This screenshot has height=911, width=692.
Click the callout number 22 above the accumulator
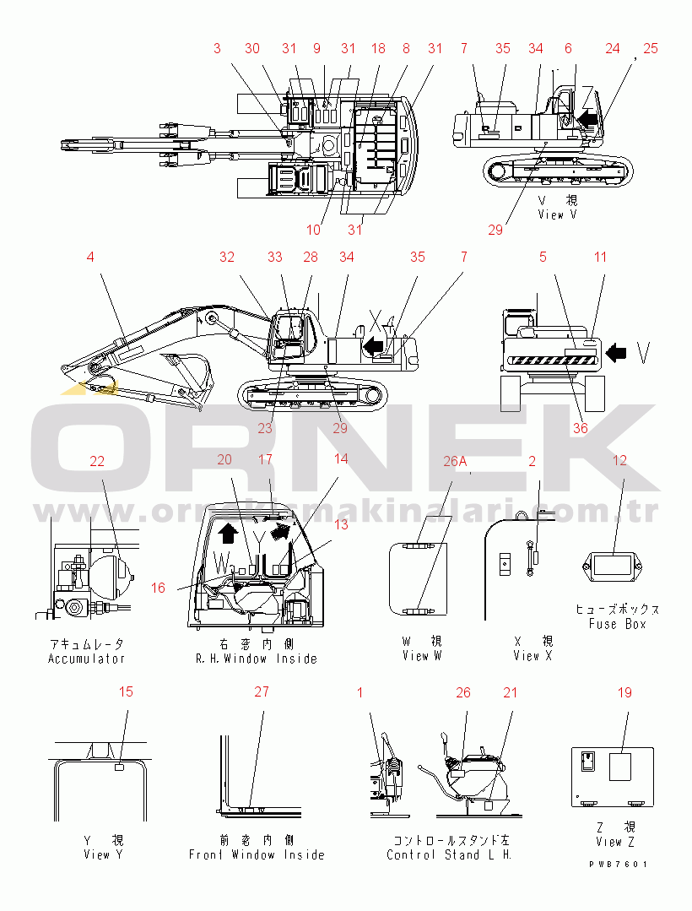pyautogui.click(x=97, y=461)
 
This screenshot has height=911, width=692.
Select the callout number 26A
pyautogui.click(x=455, y=461)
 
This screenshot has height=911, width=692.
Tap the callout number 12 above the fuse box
pyautogui.click(x=620, y=461)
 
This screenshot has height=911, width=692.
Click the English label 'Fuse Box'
pyautogui.click(x=617, y=624)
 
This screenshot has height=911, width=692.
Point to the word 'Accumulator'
pyautogui.click(x=86, y=659)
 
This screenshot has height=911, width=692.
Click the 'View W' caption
pyautogui.click(x=422, y=656)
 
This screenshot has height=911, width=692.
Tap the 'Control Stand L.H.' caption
pyautogui.click(x=450, y=854)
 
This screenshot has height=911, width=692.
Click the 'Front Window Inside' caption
pyautogui.click(x=257, y=854)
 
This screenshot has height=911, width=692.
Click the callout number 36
pyautogui.click(x=580, y=428)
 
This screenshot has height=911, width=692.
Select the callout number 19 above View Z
pyautogui.click(x=624, y=693)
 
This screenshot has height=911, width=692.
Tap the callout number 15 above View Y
pyautogui.click(x=126, y=692)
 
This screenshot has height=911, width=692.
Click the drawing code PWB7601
pyautogui.click(x=619, y=865)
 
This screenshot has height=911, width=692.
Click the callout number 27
pyautogui.click(x=262, y=692)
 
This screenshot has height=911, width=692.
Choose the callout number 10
pyautogui.click(x=313, y=230)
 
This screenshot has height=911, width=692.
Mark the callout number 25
pyautogui.click(x=650, y=49)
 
